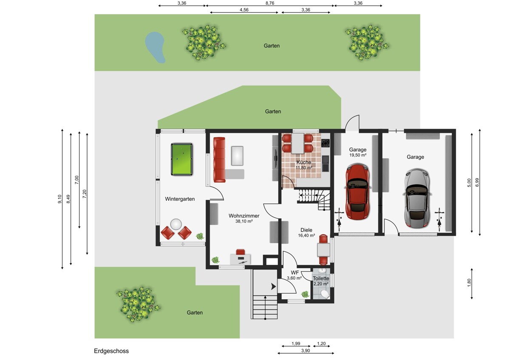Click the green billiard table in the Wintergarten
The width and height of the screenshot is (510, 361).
point(182,159)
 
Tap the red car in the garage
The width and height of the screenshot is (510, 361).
point(358,192)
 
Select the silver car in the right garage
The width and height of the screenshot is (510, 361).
point(417,198)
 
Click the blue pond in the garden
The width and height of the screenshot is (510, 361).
point(155,47)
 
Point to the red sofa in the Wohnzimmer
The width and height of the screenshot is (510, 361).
point(219,160)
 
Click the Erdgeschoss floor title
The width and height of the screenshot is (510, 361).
point(111,351)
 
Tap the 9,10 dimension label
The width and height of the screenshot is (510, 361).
point(59,199)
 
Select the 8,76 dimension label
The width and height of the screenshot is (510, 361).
point(270,3)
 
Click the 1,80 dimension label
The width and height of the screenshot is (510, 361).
point(469,283)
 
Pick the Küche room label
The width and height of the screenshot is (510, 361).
point(304,162)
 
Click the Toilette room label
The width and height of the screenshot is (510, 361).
point(321,278)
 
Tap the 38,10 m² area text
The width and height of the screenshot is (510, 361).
point(244,221)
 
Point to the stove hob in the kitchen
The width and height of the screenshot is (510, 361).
point(326,143)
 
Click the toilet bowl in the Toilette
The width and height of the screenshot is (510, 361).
point(325,294)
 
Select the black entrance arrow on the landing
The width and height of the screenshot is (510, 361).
point(273,287)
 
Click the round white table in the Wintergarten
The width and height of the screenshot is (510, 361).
point(176,224)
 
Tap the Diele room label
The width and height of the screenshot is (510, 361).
point(306,230)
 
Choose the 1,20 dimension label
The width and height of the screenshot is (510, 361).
point(321,344)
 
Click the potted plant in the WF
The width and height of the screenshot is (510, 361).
point(305,294)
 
